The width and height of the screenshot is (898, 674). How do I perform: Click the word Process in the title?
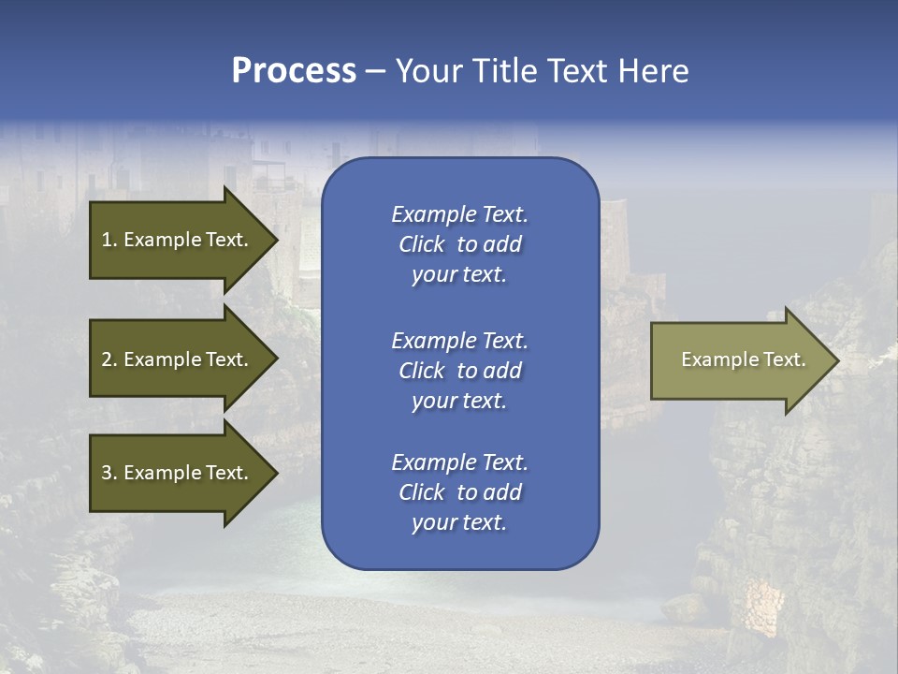(294, 71)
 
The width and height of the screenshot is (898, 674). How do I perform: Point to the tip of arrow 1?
(275, 240)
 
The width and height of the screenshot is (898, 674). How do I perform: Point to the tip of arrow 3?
(275, 473)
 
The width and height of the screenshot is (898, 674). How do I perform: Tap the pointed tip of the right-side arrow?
(836, 359)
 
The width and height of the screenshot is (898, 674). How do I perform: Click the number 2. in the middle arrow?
(109, 359)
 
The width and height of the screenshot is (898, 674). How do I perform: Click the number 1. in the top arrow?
(109, 240)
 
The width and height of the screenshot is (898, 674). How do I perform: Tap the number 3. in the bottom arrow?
(109, 473)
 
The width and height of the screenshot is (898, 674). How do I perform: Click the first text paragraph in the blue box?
(459, 244)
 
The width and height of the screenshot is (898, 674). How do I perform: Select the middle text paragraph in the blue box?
(459, 371)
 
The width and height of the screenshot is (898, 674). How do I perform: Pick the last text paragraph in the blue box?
(459, 492)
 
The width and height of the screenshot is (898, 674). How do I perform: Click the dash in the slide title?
(375, 71)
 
